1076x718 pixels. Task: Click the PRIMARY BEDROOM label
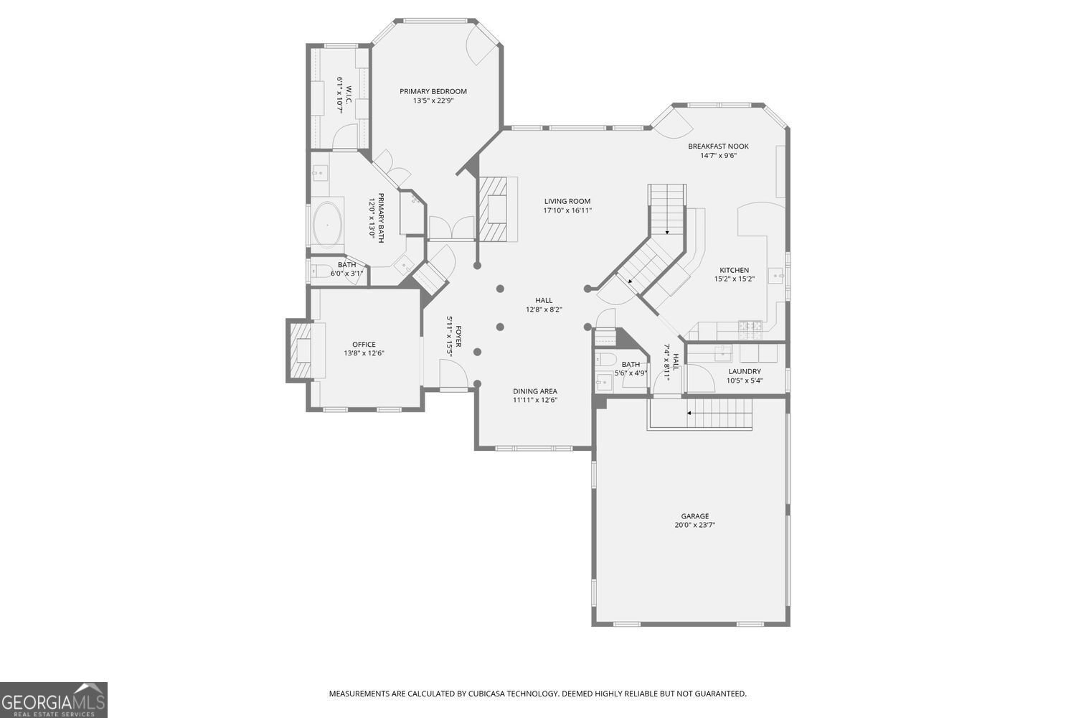(433, 91)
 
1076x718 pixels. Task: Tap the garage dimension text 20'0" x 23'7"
(694, 525)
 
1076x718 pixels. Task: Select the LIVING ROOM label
(567, 202)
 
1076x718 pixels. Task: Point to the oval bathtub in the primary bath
(328, 225)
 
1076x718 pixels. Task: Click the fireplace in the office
(301, 350)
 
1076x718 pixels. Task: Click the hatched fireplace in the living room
(493, 210)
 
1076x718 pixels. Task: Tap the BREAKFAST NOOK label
(718, 146)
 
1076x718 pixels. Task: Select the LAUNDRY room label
(745, 371)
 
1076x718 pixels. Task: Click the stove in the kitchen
(750, 329)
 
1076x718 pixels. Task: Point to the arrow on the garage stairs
(690, 413)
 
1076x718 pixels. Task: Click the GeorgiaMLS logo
(53, 699)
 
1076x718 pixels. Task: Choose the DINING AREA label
(534, 391)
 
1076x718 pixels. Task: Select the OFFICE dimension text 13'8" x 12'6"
(364, 353)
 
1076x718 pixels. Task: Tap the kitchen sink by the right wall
(775, 274)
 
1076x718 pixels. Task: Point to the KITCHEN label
(734, 271)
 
